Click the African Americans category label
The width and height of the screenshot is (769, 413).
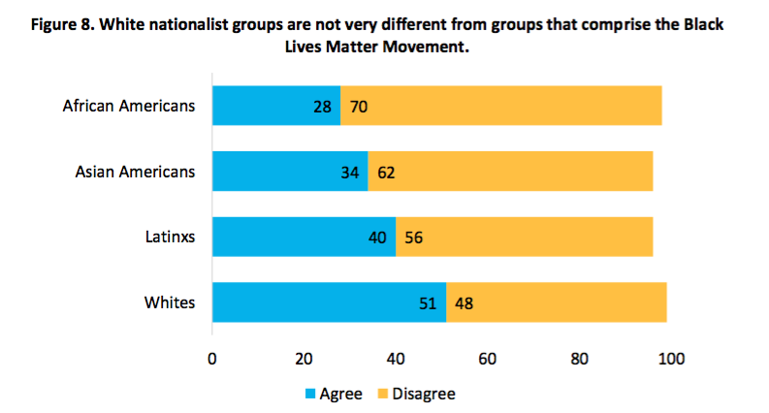click(x=129, y=105)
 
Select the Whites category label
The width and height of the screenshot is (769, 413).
click(x=170, y=302)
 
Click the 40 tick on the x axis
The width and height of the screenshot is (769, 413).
click(x=396, y=360)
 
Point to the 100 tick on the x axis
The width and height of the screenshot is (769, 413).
click(x=671, y=360)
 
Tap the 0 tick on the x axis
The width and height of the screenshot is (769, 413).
click(x=212, y=360)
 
